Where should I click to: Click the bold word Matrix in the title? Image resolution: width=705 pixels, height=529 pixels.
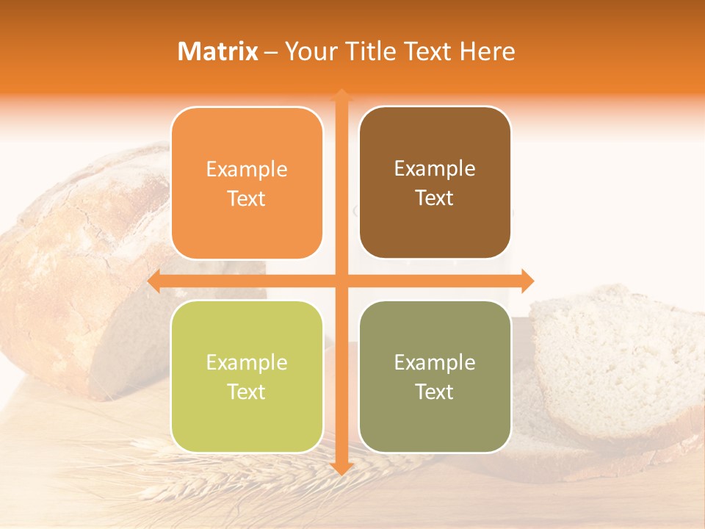pyautogui.click(x=218, y=51)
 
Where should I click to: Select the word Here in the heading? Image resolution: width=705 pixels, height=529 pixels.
pyautogui.click(x=487, y=51)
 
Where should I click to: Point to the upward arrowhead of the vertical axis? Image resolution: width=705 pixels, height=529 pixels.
pyautogui.click(x=341, y=96)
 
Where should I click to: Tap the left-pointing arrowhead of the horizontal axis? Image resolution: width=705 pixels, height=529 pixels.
pyautogui.click(x=155, y=281)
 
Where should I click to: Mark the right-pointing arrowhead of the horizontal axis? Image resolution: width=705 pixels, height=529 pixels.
pyautogui.click(x=527, y=281)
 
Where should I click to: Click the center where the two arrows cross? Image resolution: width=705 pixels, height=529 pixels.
pyautogui.click(x=341, y=281)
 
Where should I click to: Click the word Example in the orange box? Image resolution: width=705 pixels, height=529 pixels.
pyautogui.click(x=247, y=170)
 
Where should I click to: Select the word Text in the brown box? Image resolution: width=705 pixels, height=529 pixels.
pyautogui.click(x=435, y=198)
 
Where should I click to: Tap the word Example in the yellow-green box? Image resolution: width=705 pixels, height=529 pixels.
pyautogui.click(x=247, y=363)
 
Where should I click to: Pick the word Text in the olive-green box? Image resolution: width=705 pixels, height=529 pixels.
pyautogui.click(x=435, y=392)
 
